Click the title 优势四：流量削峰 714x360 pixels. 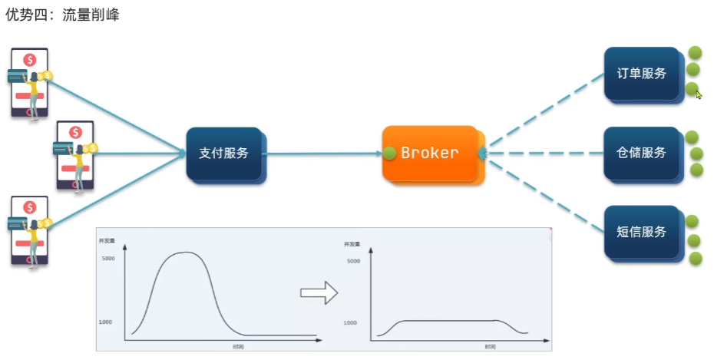[61, 14]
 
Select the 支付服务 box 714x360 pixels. [224, 153]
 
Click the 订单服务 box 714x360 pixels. [641, 74]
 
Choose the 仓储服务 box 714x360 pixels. [641, 153]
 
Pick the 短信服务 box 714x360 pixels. [641, 232]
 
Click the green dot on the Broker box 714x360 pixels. [390, 153]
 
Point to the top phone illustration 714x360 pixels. [29, 83]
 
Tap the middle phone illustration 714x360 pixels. [74, 155]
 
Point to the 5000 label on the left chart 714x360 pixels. [107, 259]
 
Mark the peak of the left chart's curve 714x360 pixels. [184, 253]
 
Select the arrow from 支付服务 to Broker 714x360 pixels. [322, 154]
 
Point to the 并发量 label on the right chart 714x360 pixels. [351, 244]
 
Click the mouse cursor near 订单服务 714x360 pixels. [698, 94]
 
